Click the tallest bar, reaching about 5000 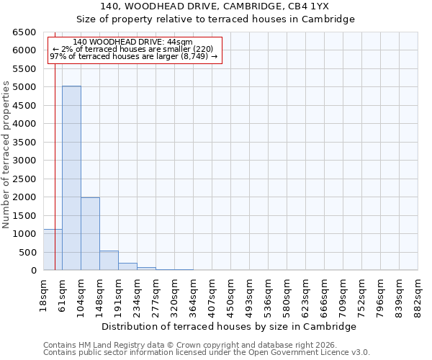(x=71, y=178)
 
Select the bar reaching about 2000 (x=90, y=234)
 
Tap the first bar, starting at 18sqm (x=53, y=250)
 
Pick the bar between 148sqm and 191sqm (x=109, y=261)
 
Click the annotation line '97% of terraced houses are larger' (x=133, y=57)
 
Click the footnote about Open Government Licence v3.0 (x=207, y=353)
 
